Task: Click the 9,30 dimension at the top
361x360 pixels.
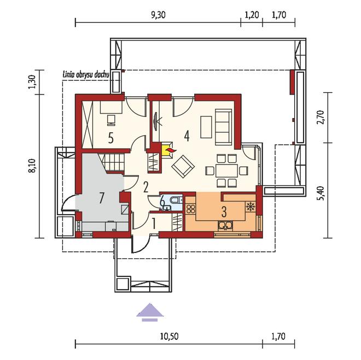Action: click(158, 15)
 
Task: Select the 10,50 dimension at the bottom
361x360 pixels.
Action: click(169, 337)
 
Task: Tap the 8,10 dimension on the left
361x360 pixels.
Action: click(32, 166)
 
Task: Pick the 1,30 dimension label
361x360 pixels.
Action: click(32, 81)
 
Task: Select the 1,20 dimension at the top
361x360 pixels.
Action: click(252, 15)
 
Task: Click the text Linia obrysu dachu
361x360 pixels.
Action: click(86, 75)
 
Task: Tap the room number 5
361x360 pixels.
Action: click(110, 139)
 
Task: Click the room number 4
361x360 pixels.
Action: click(187, 136)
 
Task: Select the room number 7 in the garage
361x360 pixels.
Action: click(102, 198)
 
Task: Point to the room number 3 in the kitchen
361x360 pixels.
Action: click(224, 212)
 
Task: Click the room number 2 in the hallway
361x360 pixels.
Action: click(145, 187)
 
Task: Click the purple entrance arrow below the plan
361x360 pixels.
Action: click(150, 312)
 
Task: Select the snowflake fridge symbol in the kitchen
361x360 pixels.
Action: click(250, 206)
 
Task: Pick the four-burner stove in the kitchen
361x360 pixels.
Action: click(191, 209)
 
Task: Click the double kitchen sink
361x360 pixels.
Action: click(225, 226)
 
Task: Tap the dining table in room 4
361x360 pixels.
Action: click(226, 170)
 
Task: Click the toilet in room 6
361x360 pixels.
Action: click(176, 200)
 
